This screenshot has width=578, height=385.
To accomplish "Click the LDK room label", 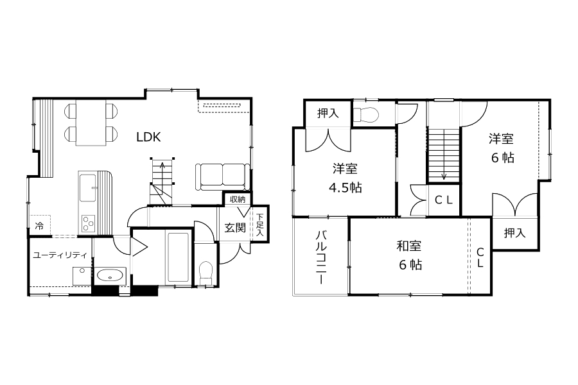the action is [x=148, y=137].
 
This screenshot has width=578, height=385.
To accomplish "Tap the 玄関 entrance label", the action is [x=235, y=228].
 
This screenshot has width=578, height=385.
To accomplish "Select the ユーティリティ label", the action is [x=60, y=255].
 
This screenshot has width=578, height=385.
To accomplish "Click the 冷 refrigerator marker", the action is [x=39, y=225].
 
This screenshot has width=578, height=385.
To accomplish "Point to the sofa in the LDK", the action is [x=221, y=177].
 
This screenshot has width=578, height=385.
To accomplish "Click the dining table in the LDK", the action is [x=91, y=123].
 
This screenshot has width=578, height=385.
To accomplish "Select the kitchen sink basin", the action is [x=88, y=188].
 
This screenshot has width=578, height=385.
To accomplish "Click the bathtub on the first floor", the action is [x=179, y=257].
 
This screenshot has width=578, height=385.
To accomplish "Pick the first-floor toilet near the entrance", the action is [x=206, y=273].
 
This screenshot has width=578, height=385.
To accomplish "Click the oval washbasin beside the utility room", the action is [x=110, y=275].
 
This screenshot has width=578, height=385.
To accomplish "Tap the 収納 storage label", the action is [x=238, y=200].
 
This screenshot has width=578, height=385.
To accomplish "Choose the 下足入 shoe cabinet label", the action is [x=260, y=225].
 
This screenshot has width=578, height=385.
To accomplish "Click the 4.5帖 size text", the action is [x=346, y=188].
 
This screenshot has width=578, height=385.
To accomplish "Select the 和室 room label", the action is [x=409, y=246].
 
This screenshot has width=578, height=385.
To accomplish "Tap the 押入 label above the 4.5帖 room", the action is [x=328, y=113].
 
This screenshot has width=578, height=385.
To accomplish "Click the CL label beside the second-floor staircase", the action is [x=443, y=200].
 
